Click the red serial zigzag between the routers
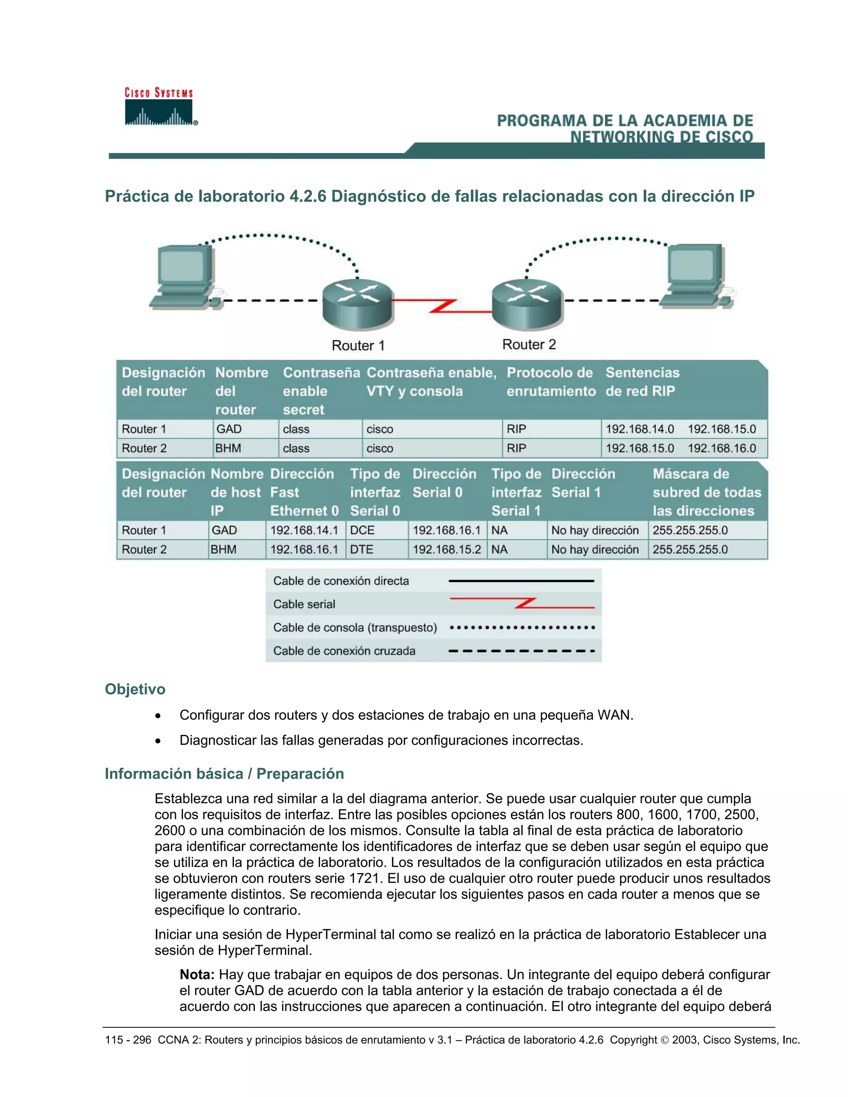click(x=442, y=306)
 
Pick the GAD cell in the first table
click(x=229, y=429)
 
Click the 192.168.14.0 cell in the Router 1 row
click(x=639, y=429)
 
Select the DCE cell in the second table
click(x=362, y=530)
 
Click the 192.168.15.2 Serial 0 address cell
click(x=447, y=549)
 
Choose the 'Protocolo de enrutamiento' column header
click(x=551, y=382)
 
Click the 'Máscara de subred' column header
click(x=706, y=492)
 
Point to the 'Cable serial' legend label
click(x=304, y=604)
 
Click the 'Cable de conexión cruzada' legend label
click(x=344, y=651)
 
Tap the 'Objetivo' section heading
click(x=135, y=689)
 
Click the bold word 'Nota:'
click(x=197, y=974)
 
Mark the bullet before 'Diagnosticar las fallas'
click(x=158, y=741)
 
